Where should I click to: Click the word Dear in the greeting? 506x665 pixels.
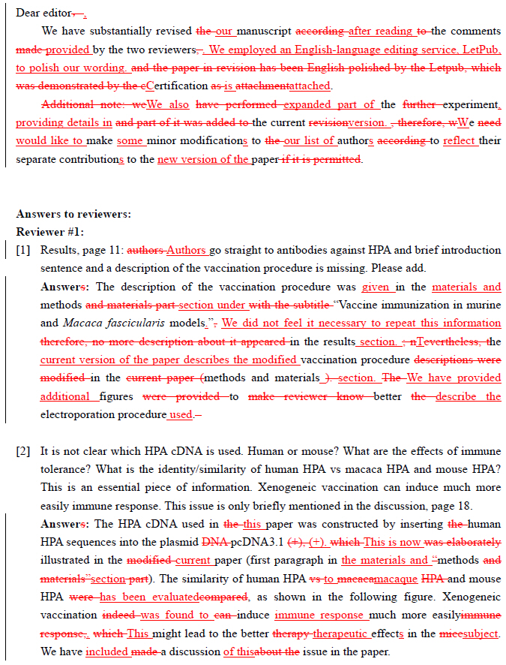pos(28,14)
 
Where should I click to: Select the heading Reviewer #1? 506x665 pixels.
pos(49,232)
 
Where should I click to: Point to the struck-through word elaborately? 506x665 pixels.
pos(469,542)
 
